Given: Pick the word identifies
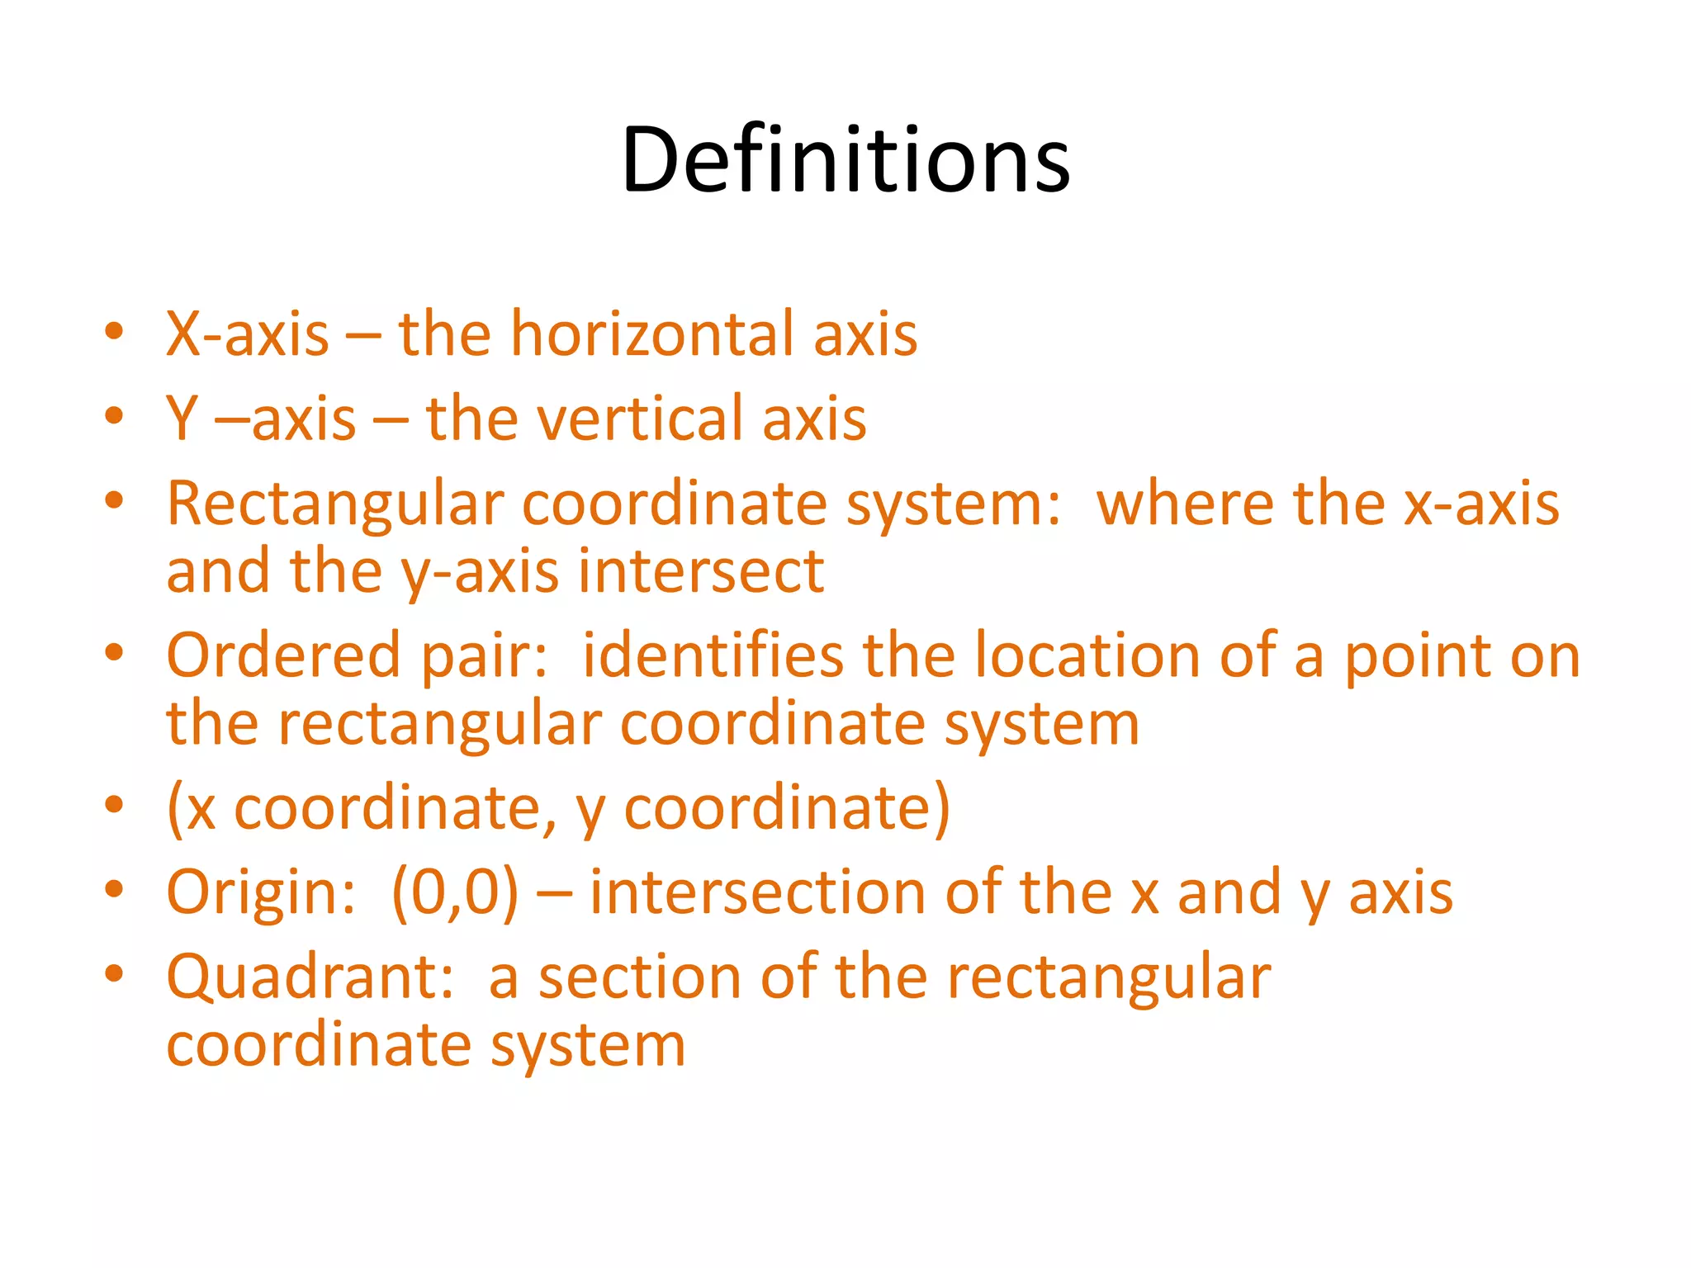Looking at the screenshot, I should [713, 655].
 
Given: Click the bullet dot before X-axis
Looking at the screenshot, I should [114, 332].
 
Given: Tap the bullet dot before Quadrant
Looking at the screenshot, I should [114, 973].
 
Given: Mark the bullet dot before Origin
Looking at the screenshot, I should [114, 889].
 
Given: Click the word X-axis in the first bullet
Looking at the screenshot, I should [248, 334].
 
